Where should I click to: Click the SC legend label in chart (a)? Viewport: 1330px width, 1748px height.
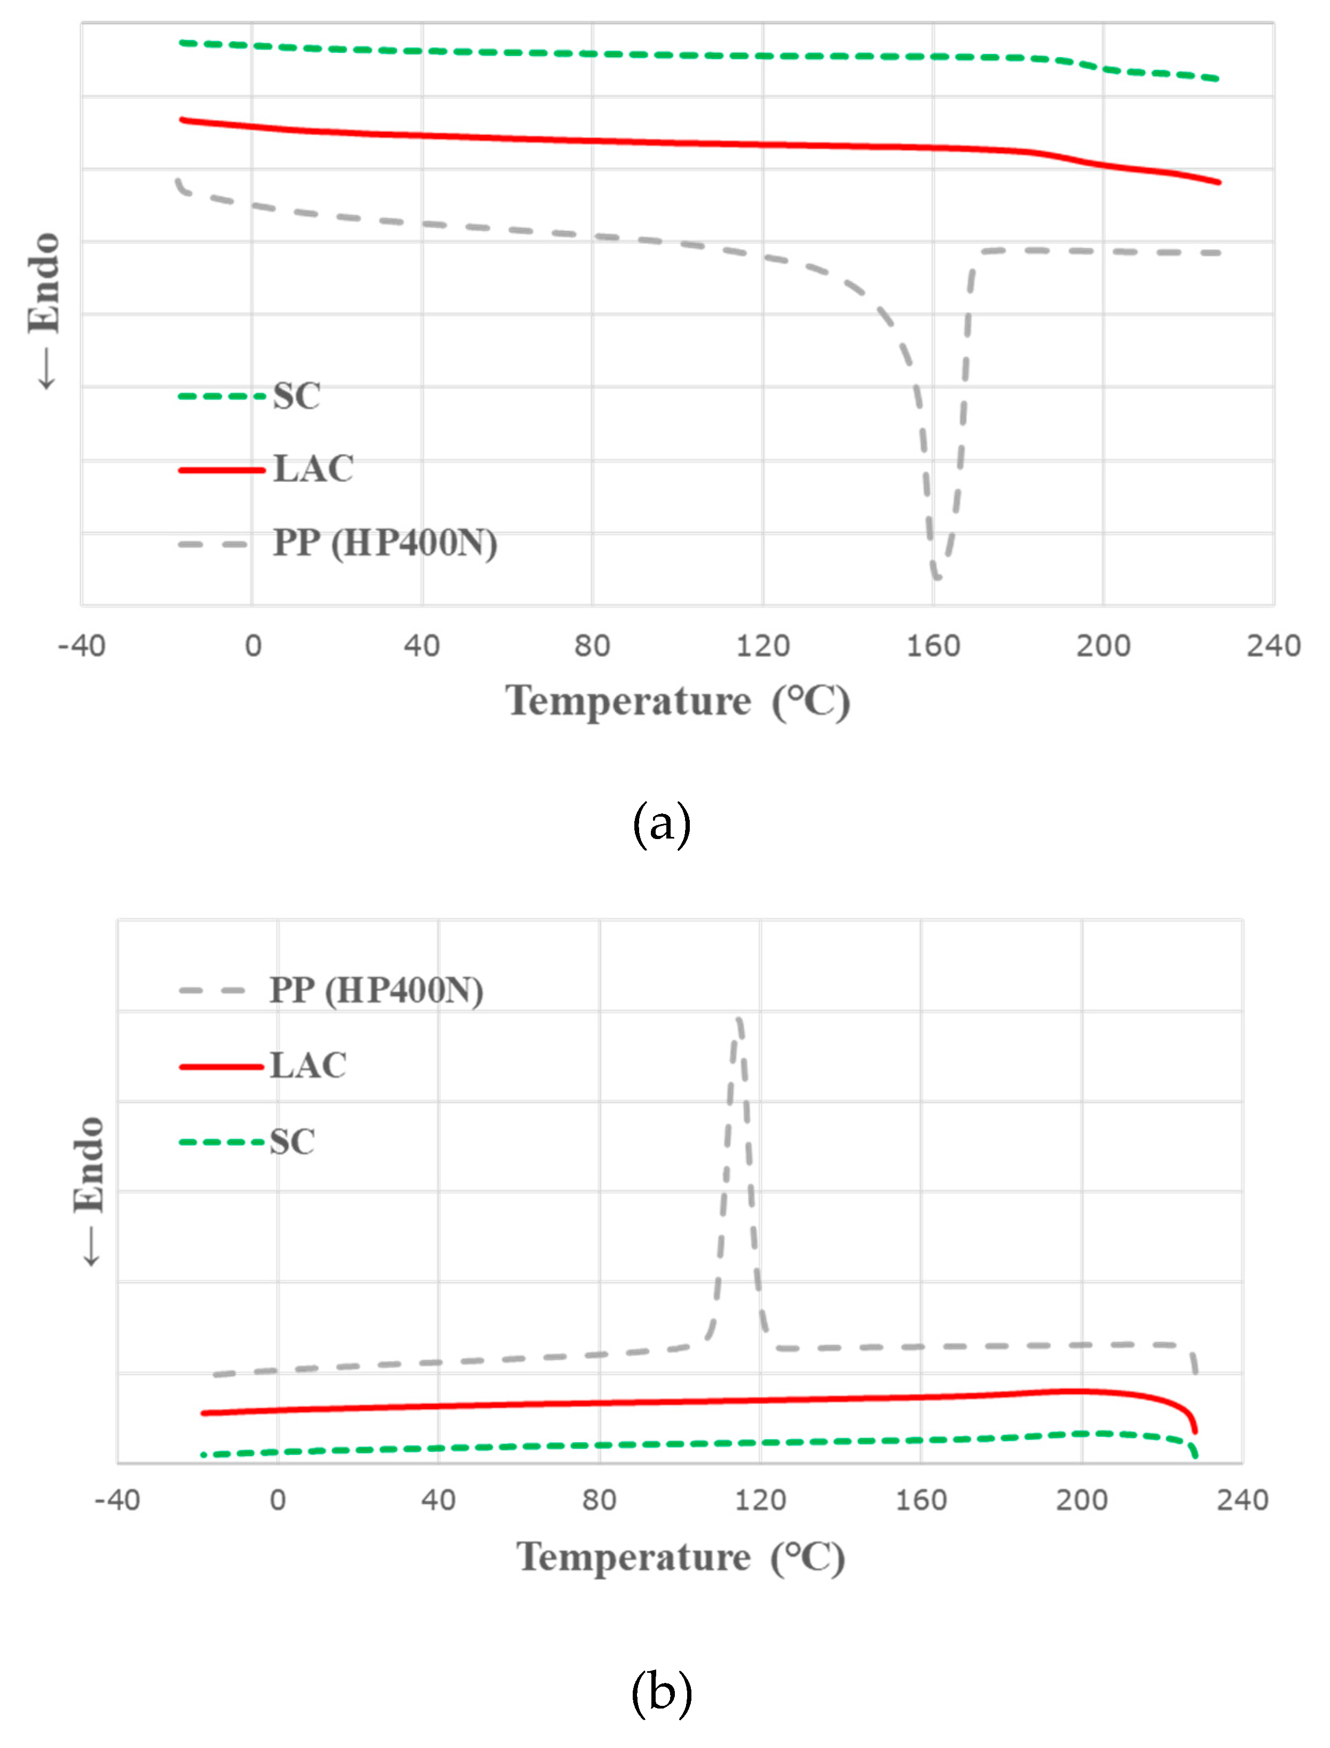296,396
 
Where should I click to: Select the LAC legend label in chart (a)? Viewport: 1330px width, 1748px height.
313,469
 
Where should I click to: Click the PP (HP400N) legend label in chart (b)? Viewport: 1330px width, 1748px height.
376,991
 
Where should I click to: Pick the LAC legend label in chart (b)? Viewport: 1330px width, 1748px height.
308,1066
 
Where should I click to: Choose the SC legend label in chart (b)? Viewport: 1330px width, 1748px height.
292,1142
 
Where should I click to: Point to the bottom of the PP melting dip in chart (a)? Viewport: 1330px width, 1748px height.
936,576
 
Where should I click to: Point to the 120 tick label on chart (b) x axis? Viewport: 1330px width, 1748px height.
760,1500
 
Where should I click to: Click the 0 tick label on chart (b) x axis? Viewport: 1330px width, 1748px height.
278,1500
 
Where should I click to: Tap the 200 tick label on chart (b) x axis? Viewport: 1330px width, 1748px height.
1081,1500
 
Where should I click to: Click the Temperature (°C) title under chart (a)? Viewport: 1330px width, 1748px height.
678,701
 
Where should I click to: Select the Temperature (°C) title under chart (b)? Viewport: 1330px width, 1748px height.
681,1557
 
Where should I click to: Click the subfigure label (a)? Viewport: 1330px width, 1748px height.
662,824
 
